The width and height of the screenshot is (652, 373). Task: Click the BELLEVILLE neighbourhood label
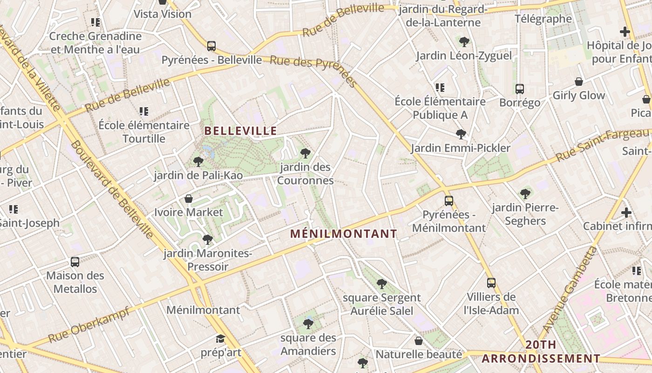241,131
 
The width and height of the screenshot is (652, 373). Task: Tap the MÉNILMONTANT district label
344,234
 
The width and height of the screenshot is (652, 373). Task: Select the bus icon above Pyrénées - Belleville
211,46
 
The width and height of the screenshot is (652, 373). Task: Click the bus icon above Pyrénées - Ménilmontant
449,201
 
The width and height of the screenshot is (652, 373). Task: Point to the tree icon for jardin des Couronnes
306,153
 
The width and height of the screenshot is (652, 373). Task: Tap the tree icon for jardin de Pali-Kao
198,162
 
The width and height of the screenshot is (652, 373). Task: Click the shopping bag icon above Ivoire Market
189,199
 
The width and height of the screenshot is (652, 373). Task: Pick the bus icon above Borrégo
520,89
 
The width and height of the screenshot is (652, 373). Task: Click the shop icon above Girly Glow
579,82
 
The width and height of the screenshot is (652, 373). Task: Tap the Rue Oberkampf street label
88,325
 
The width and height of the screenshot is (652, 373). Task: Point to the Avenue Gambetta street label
570,290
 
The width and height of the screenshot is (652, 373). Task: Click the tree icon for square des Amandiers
308,324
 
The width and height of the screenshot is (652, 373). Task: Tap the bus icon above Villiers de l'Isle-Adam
491,283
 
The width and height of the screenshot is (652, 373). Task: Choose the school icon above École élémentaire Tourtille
144,111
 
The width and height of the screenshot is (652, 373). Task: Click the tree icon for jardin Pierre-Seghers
525,193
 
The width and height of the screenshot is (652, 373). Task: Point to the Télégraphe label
543,19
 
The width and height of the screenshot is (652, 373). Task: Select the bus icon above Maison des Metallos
75,262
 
